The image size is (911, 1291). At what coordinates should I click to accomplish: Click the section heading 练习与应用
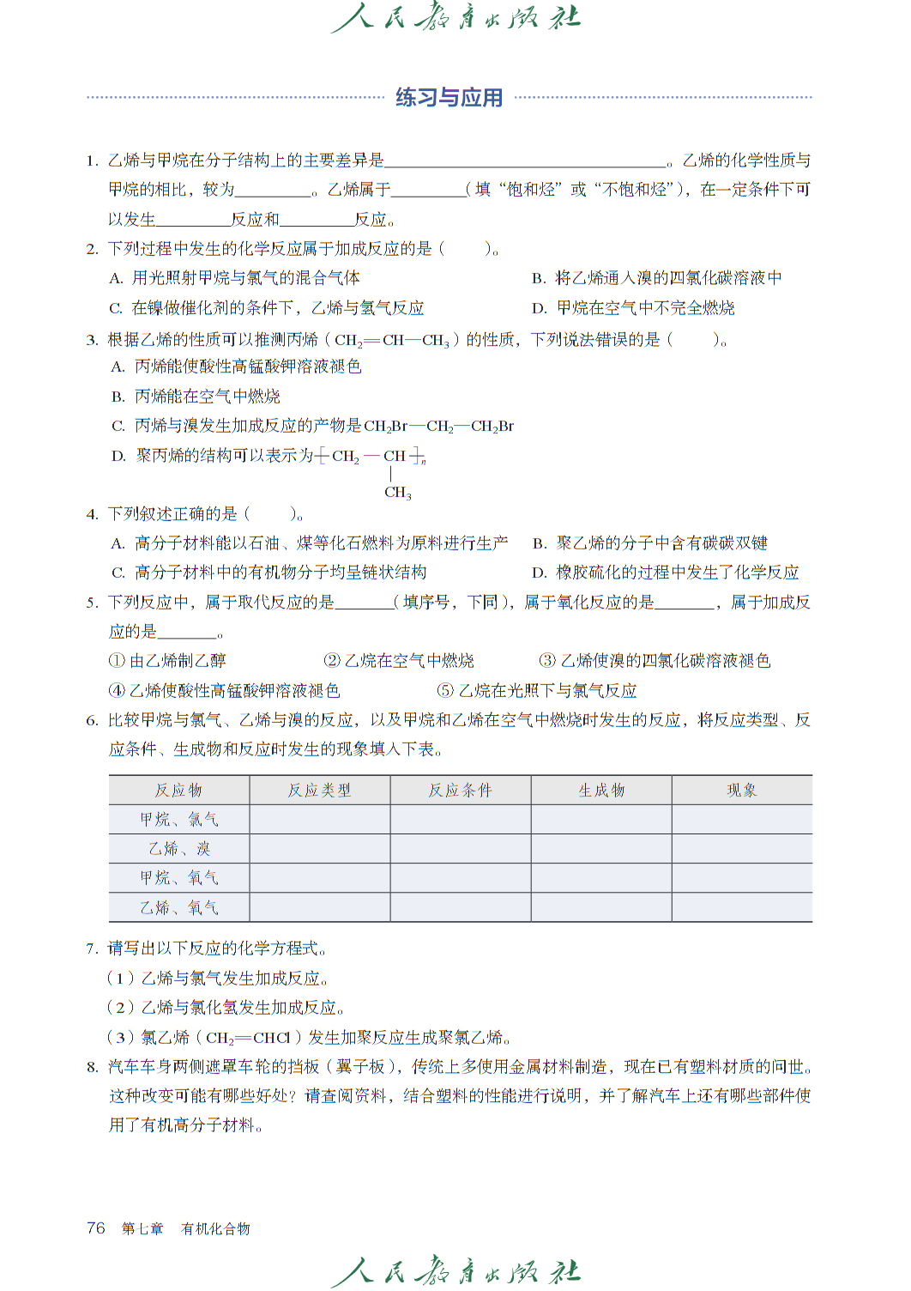coord(449,98)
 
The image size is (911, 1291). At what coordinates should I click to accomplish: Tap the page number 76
coord(96,1227)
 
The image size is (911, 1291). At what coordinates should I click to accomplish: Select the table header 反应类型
coord(319,790)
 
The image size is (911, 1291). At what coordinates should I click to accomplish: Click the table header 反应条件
coord(461,790)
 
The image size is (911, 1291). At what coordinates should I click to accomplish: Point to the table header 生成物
coord(601,790)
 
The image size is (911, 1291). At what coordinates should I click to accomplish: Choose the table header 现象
coord(742,790)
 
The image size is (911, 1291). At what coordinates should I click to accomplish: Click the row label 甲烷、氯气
coord(179,820)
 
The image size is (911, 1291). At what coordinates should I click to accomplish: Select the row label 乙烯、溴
coord(179,849)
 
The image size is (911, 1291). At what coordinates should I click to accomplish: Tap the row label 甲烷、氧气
coord(179,878)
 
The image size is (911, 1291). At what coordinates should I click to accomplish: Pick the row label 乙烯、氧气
coord(179,907)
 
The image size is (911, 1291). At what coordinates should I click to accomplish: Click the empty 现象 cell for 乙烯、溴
coord(742,849)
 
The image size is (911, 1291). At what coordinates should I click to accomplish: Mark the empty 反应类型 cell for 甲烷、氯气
coord(319,820)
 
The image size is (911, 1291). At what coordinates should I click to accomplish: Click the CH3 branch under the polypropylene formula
coord(398,493)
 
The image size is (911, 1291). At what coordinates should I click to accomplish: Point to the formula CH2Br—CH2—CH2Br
coord(438,427)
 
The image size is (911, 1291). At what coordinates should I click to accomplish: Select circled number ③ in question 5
coord(547,661)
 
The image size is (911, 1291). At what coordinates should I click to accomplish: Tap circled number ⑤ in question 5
coord(445,691)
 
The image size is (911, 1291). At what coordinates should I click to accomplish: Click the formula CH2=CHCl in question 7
coord(248,1038)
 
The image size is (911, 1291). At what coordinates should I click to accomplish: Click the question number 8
coord(92,1067)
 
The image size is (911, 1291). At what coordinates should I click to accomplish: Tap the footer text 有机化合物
coord(215,1228)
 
